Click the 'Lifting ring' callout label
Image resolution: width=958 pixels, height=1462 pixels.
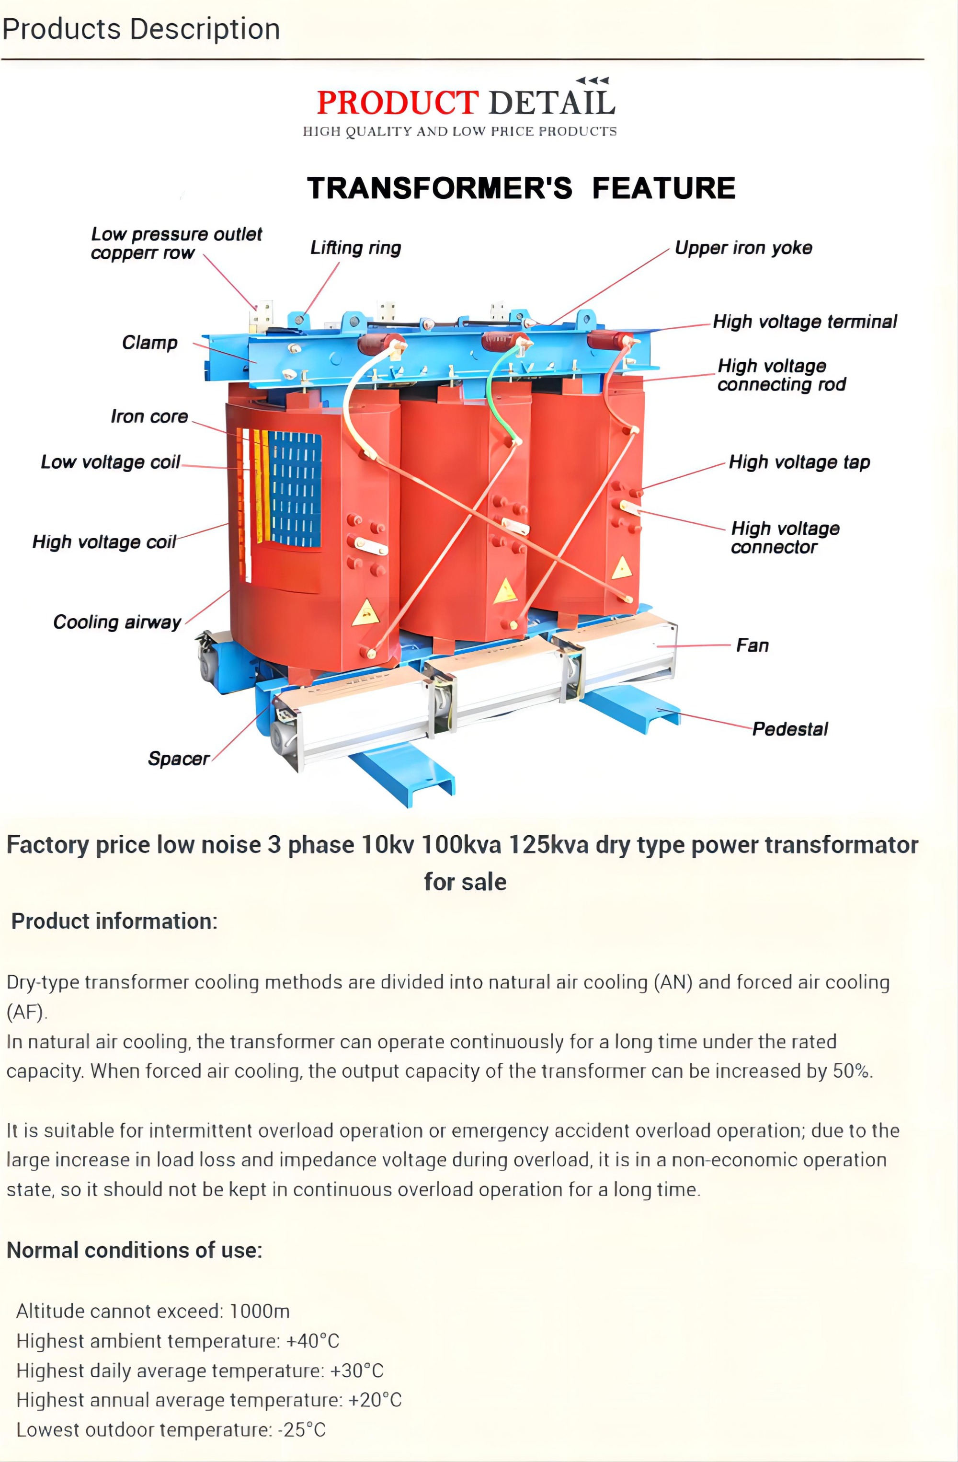355,248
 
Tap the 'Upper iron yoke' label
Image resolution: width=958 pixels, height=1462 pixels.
743,248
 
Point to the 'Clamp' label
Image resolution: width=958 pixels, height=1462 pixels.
149,342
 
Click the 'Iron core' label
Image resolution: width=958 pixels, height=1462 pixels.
149,416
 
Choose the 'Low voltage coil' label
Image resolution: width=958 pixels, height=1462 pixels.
111,462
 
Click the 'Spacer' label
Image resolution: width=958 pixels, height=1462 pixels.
178,758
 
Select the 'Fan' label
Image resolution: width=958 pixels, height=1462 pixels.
753,645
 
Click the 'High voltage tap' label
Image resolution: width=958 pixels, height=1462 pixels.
799,462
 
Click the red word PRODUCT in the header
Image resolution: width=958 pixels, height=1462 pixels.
397,103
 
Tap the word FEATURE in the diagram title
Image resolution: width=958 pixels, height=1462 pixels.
663,188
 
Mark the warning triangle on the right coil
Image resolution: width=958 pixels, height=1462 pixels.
621,568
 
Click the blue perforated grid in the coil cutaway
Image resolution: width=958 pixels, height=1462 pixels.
296,488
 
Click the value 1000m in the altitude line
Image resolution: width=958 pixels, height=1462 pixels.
259,1311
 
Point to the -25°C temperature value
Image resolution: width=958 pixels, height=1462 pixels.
301,1429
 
